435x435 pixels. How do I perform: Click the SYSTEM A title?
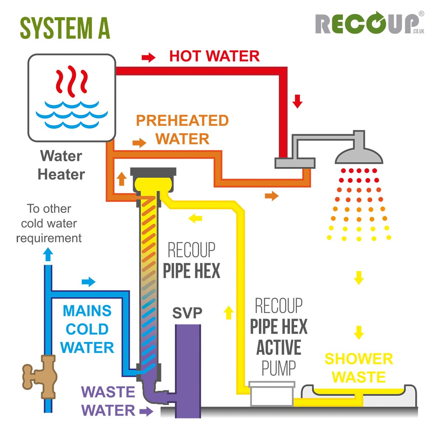[65, 28]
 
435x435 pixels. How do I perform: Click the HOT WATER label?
[214, 56]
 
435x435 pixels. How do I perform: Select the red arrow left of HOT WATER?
[148, 57]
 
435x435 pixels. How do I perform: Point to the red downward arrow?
[297, 101]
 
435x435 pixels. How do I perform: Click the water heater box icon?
[72, 98]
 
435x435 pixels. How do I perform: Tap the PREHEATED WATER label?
[182, 130]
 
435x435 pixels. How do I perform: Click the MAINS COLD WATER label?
[87, 329]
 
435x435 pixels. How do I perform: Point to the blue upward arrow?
[48, 254]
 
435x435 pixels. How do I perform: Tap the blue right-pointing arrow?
[88, 282]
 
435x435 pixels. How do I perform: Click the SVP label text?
[187, 313]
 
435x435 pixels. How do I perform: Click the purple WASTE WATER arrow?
[147, 411]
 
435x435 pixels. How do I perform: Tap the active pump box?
[272, 393]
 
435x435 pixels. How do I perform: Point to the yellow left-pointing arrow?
[195, 218]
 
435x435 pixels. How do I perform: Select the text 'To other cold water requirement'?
[49, 223]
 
